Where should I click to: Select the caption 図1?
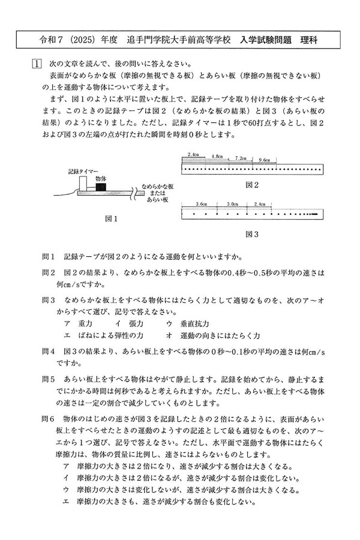click(111, 219)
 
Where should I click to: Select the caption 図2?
click(252, 185)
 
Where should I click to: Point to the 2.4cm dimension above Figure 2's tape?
click(193, 156)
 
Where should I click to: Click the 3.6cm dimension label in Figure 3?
click(201, 204)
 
